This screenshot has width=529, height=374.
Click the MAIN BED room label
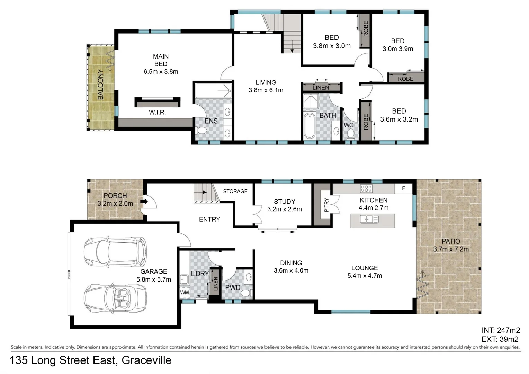coord(161,64)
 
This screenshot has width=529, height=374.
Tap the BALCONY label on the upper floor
coord(100,84)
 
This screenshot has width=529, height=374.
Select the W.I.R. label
coord(157,112)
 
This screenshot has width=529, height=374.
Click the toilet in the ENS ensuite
coord(201,131)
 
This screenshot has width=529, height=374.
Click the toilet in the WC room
coord(350,133)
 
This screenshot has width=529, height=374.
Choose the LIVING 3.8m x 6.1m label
coord(266,86)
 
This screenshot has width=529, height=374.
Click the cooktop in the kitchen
coord(366,188)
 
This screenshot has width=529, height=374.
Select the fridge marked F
coord(403,188)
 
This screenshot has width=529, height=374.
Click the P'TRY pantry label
coord(326,205)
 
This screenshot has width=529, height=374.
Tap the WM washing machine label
coord(185,292)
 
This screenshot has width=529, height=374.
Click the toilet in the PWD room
coord(246,293)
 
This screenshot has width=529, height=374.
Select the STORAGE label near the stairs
coord(235,191)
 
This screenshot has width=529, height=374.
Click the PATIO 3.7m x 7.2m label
coord(451,245)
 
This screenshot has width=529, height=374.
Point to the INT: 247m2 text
coord(500,330)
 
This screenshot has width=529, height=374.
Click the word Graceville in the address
coord(146,360)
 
